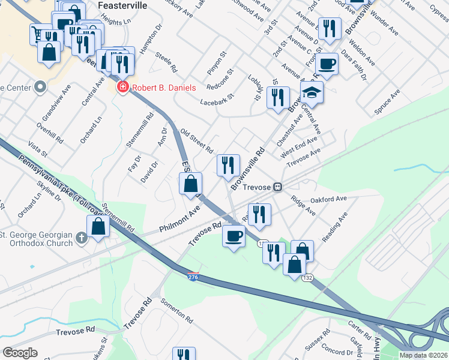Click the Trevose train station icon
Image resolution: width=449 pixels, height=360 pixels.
(277, 187)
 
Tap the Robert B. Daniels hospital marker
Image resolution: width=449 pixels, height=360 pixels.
(123, 88)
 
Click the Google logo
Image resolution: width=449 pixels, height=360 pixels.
(20, 353)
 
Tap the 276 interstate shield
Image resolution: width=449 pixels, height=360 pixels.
(193, 277)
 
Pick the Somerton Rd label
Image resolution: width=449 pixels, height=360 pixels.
(177, 310)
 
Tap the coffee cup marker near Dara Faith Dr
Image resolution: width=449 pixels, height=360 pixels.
(327, 63)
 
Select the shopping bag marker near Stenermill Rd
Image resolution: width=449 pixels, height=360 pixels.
(98, 226)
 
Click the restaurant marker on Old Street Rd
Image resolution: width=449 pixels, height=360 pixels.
(228, 165)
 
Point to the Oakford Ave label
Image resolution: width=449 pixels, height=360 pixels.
(328, 199)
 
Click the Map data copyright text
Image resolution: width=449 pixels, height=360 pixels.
(424, 355)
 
